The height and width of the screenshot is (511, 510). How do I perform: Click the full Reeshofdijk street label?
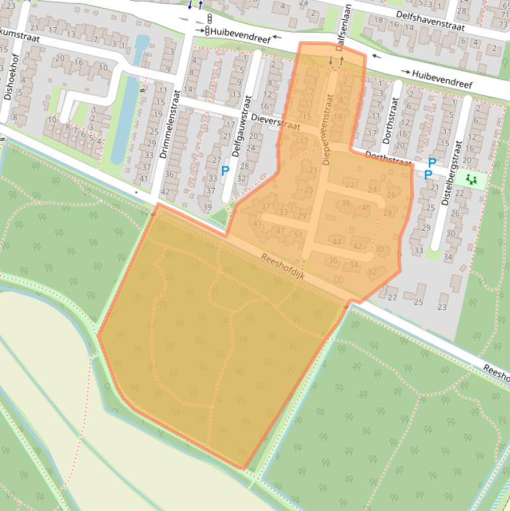283,267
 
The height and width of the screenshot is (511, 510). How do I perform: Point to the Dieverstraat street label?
277,121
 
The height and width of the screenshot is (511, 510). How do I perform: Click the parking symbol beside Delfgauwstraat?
225,171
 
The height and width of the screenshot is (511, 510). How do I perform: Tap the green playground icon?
472,179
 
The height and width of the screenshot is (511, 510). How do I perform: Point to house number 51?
298,235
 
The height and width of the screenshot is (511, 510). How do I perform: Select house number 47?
280,230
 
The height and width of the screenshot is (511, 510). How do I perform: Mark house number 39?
207,207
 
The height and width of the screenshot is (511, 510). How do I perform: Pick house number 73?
504,24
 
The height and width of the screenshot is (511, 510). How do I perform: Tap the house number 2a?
304,3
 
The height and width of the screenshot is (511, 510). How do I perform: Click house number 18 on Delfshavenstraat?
379,19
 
